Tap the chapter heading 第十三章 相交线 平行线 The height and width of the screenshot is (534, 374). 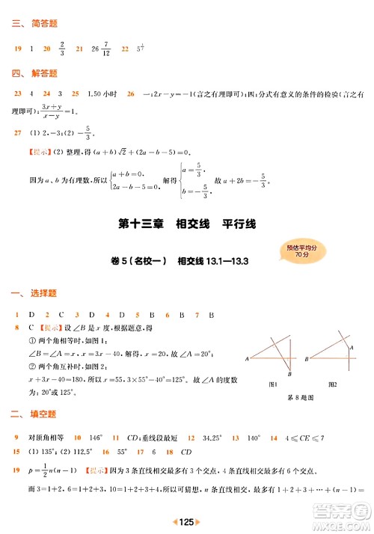pyautogui.click(x=186, y=224)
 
